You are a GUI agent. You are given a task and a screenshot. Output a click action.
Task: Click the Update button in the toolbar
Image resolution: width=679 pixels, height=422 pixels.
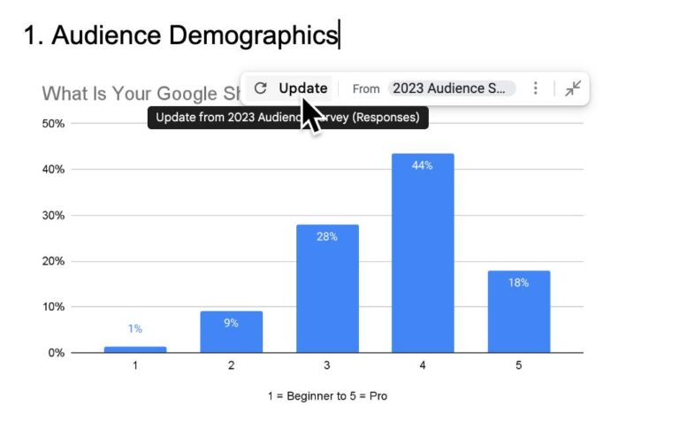[x=302, y=88]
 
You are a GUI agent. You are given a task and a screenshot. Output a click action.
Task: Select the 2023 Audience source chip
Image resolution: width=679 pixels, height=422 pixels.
[x=451, y=88]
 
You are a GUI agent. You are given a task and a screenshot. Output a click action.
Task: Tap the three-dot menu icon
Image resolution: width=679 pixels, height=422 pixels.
[x=535, y=88]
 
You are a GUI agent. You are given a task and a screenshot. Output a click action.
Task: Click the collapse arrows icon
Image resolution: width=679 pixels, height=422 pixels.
[x=573, y=88]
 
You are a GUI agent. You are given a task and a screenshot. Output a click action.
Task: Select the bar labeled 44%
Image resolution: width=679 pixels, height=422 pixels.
[x=422, y=253]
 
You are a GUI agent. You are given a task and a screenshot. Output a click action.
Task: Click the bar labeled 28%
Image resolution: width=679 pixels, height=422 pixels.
[x=326, y=288]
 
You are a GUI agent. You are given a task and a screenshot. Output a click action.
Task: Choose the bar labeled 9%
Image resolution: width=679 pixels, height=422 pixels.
[x=231, y=332]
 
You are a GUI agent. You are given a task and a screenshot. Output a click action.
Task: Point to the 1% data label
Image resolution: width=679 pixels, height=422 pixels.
[x=134, y=328]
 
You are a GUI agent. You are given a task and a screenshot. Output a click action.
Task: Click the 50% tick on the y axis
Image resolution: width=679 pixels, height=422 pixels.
[x=53, y=123]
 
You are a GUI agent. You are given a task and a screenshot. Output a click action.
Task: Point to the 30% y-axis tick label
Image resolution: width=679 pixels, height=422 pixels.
[x=53, y=215]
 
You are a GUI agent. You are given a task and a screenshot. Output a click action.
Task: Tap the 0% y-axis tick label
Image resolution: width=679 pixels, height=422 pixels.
[x=56, y=353]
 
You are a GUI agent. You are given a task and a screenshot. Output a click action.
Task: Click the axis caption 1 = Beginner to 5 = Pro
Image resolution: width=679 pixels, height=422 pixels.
[x=326, y=395]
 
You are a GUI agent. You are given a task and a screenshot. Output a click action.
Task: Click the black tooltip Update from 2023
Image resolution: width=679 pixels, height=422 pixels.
[x=287, y=118]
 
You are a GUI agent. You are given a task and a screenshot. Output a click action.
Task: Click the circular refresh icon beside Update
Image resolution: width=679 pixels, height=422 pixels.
[x=260, y=88]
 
